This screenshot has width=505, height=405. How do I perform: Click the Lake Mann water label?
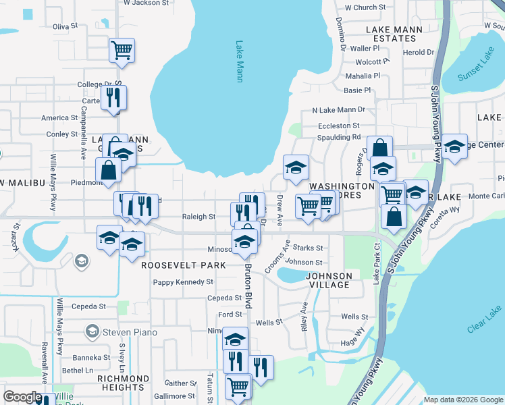[x=239, y=62]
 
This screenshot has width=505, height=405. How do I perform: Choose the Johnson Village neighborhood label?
[x=329, y=280]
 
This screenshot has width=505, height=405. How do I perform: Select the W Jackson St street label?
[x=146, y=3]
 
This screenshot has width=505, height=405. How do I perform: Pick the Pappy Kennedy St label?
[x=183, y=282]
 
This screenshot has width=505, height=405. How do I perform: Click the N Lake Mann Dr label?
[x=338, y=110]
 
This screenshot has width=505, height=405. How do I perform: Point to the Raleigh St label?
[x=198, y=217]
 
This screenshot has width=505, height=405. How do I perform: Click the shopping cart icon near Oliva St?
[x=122, y=50]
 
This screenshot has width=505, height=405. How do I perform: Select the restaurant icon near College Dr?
[x=113, y=97]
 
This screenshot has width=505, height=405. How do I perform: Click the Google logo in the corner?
[x=22, y=397]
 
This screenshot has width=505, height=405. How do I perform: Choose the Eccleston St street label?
[x=339, y=126]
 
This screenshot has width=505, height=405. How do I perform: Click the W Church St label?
[x=365, y=7]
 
